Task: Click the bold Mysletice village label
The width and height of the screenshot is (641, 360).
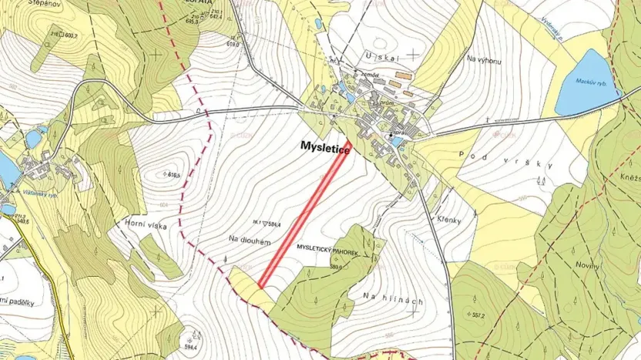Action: point(326,151)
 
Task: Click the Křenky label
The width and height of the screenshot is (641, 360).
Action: point(448,220)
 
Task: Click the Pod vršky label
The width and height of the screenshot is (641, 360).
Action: point(506,161)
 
